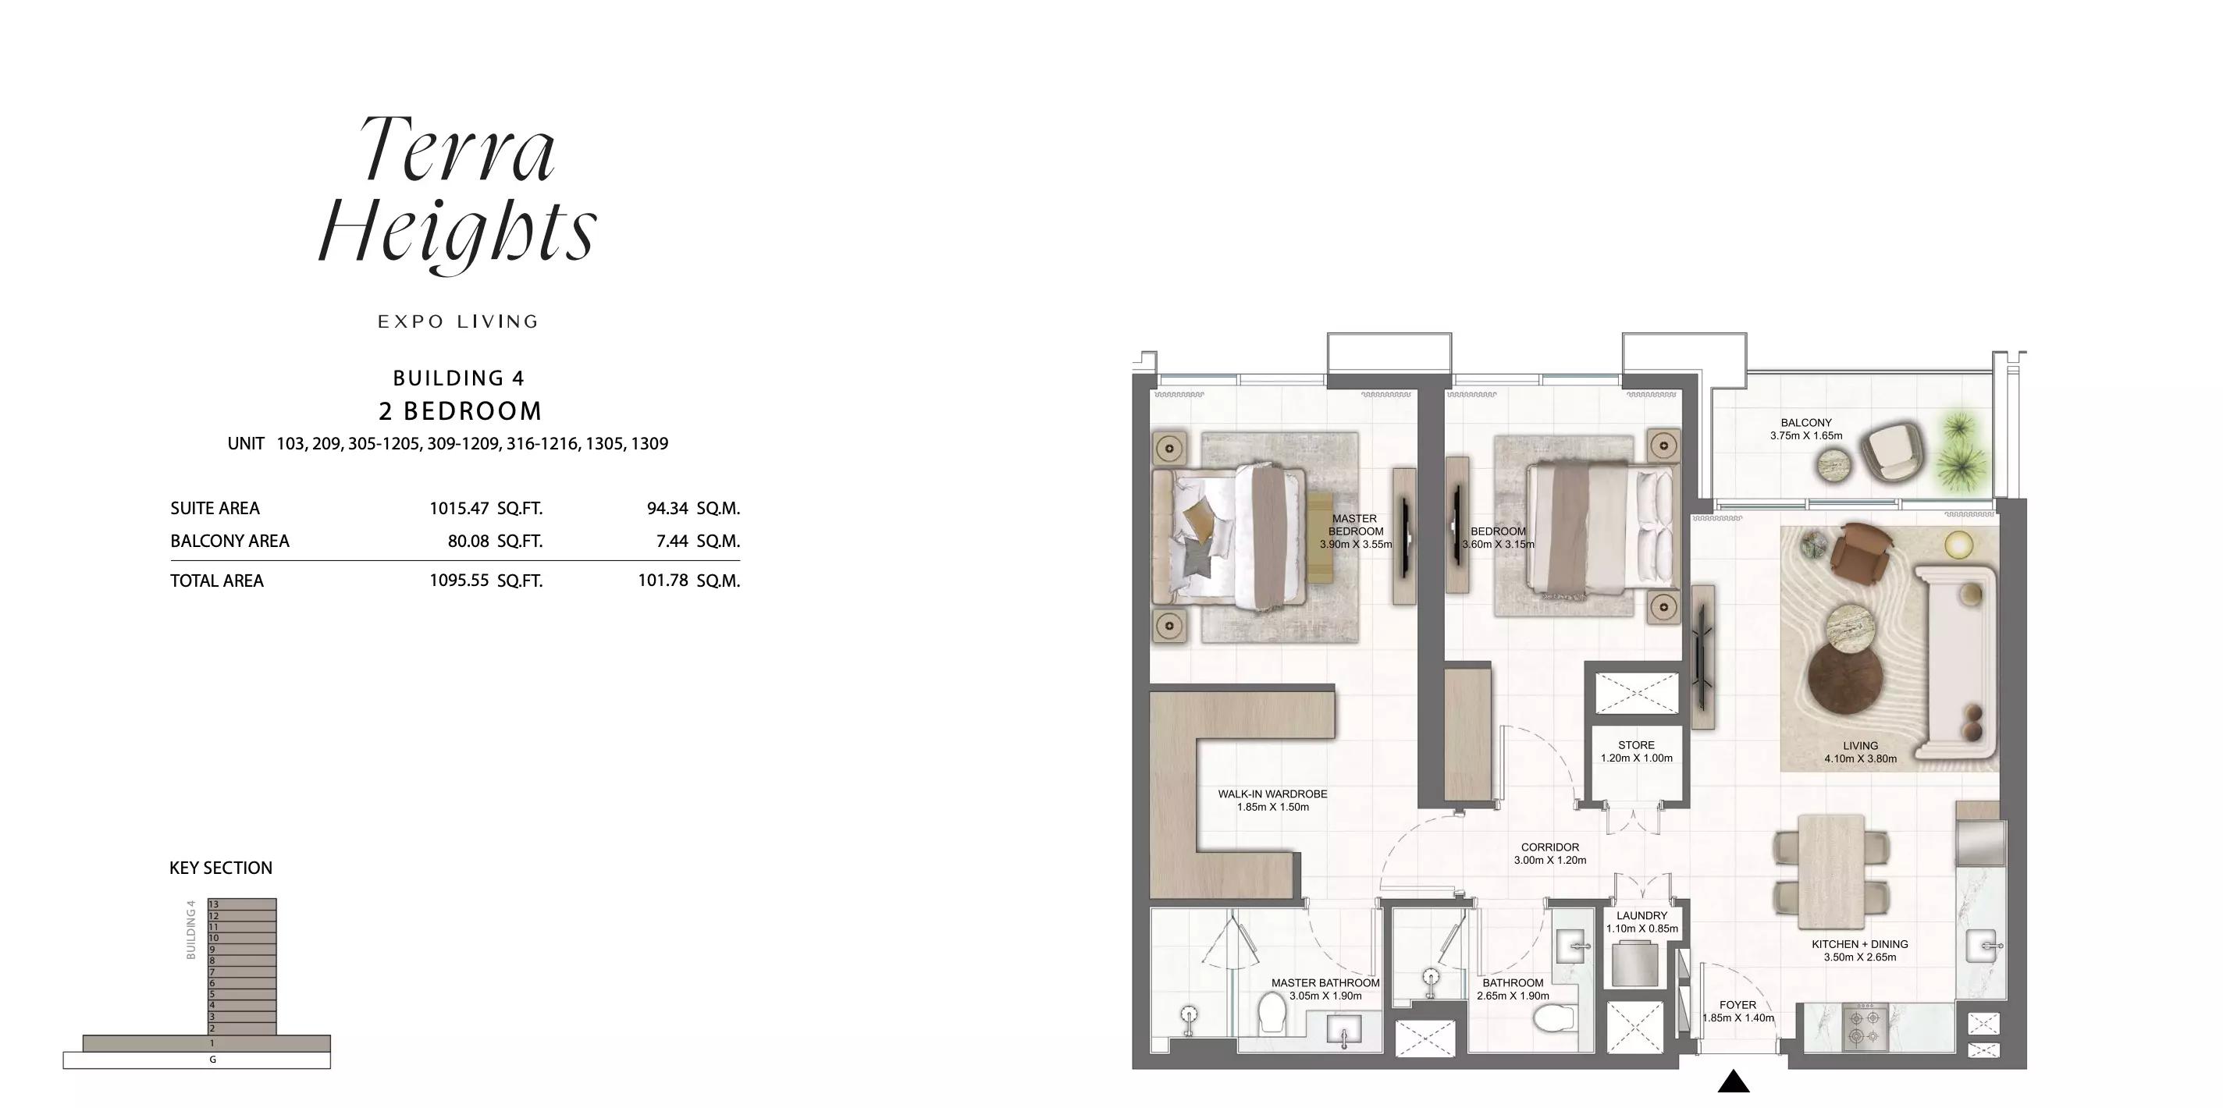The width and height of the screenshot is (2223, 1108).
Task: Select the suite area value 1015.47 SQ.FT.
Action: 486,508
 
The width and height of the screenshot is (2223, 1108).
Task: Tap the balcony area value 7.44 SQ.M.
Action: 698,541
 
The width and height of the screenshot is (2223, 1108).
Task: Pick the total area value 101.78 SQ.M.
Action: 688,581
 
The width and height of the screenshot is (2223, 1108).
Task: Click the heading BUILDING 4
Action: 458,378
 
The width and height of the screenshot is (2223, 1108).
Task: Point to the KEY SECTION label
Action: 221,868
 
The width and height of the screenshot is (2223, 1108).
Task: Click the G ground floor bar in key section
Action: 197,1060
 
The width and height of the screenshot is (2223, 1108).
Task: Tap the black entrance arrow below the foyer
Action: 1733,1081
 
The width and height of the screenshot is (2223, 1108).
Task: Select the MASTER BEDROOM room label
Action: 1355,524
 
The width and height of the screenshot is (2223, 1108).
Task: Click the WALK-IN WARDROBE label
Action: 1273,794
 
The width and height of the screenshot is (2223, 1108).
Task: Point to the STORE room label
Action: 1636,744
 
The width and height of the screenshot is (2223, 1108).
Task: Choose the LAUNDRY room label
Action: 1641,915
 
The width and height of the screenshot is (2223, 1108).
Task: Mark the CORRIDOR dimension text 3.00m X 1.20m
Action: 1550,861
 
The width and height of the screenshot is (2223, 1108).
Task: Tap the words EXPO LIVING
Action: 458,322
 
